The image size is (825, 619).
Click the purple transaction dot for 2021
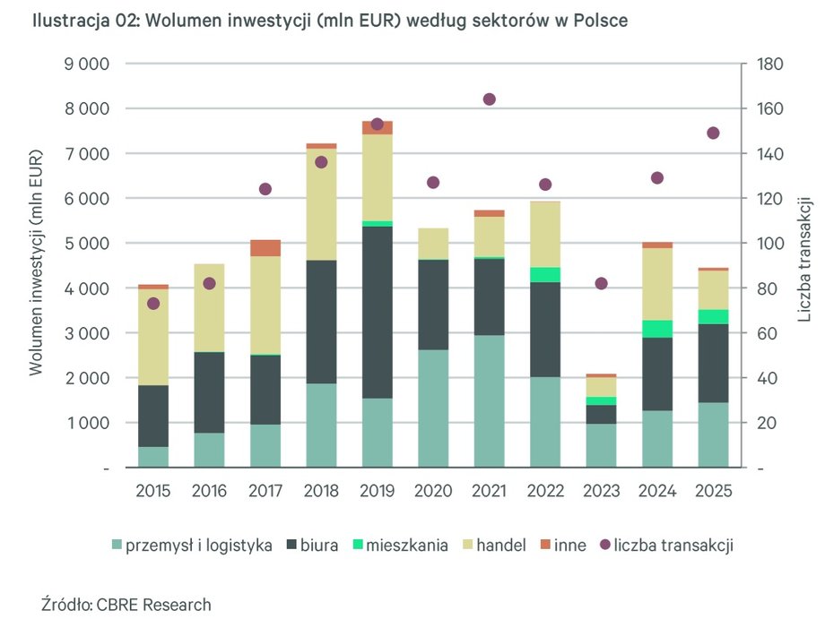489,99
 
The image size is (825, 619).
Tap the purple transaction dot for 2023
601,284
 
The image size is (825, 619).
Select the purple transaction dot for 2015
153,304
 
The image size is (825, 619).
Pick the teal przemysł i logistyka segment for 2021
489,400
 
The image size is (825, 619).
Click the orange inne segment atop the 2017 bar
265,248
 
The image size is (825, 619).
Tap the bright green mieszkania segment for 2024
657,329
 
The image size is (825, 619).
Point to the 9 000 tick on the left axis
87,64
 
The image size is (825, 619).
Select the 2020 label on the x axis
433,492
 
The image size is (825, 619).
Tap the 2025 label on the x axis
713,492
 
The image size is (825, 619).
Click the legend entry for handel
500,545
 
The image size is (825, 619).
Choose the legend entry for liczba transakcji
673,545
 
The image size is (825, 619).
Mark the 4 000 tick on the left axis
87,288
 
